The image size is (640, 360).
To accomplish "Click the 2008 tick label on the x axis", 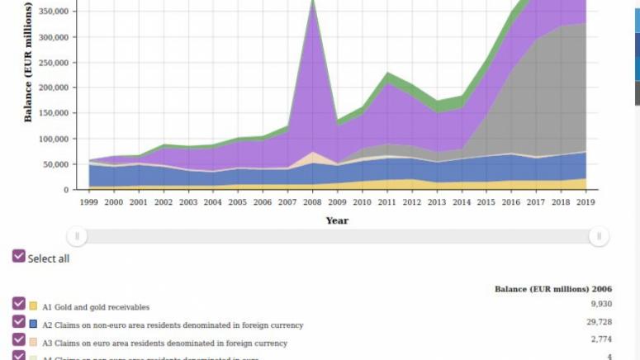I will [x=312, y=201].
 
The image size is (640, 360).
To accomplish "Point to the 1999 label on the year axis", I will [x=90, y=201].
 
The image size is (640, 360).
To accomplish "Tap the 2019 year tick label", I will [x=585, y=201].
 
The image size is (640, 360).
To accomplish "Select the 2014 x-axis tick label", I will [x=460, y=201].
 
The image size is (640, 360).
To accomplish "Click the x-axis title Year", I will [x=337, y=220].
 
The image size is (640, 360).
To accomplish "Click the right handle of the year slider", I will [x=599, y=237].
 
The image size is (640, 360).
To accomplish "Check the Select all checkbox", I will [x=19, y=257].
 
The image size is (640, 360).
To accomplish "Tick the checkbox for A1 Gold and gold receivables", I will [x=19, y=304].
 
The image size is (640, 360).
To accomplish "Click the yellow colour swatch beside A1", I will [x=34, y=306].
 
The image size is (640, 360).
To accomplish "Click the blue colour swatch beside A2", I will [x=34, y=324].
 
